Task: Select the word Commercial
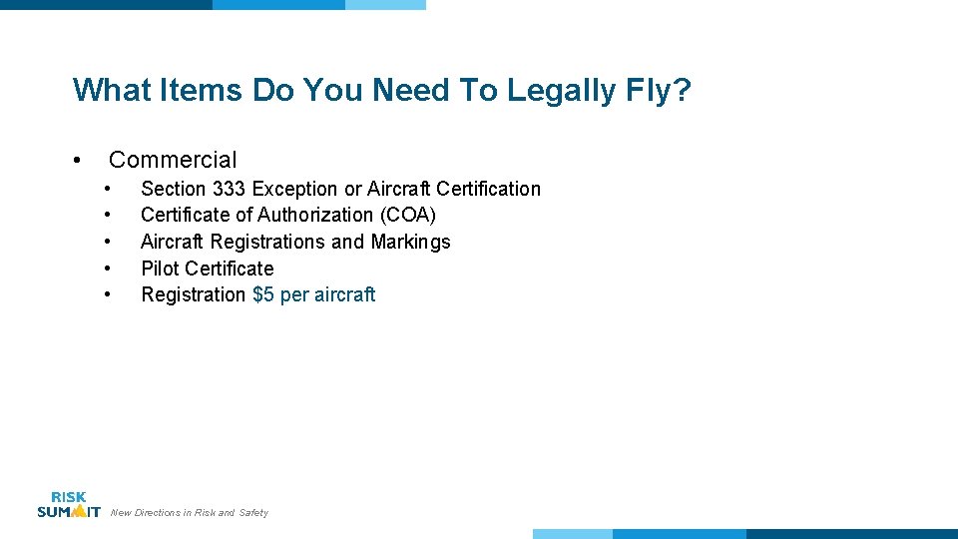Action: pyautogui.click(x=173, y=160)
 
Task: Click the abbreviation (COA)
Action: pyautogui.click(x=407, y=215)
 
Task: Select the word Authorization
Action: pyautogui.click(x=315, y=215)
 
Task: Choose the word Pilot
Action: pyautogui.click(x=160, y=269)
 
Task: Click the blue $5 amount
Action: pyautogui.click(x=263, y=294)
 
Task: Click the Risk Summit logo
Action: pyautogui.click(x=68, y=505)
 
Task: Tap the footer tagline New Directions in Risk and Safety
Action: pyautogui.click(x=190, y=513)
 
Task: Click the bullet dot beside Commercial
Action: pyautogui.click(x=77, y=161)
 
